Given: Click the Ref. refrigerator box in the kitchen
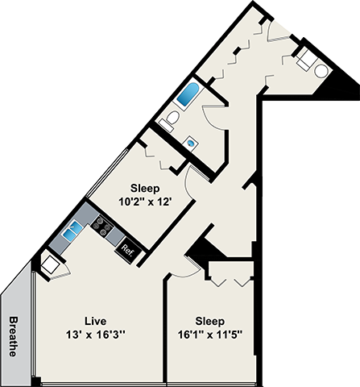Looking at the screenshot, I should (127, 249).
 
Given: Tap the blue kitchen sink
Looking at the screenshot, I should (72, 231).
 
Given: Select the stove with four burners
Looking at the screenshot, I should (103, 226).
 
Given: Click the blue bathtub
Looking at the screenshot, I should (189, 95).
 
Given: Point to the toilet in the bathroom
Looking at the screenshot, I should (168, 122).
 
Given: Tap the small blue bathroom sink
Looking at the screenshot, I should (191, 143).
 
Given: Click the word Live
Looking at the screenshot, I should (97, 320).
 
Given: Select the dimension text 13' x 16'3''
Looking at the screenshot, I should (97, 334).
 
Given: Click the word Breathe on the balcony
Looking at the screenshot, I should (14, 335).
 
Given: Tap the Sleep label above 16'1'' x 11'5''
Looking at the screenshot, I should (209, 320).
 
